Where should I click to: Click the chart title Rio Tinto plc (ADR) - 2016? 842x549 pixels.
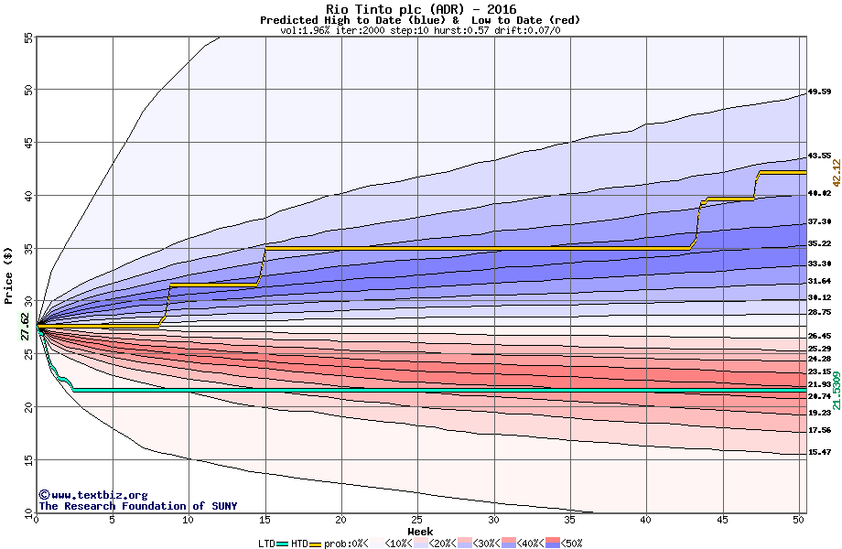pos(420,9)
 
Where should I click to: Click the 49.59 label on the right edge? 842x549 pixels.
pos(819,91)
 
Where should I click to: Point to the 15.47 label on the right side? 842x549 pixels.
pos(819,452)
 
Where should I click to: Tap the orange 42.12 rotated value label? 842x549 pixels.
pos(835,173)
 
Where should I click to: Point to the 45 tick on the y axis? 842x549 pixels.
pos(27,143)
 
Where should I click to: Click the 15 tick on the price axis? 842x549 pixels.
pos(27,460)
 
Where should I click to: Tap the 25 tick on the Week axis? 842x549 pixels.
pos(417,520)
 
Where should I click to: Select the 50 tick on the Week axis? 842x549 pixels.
pos(798,520)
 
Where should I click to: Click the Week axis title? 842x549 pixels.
pos(420,531)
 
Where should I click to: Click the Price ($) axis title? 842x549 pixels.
pos(9,274)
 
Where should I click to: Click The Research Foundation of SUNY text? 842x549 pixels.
pos(135,506)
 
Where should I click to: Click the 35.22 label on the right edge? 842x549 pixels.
pos(819,243)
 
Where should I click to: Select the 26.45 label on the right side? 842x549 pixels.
pos(819,336)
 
